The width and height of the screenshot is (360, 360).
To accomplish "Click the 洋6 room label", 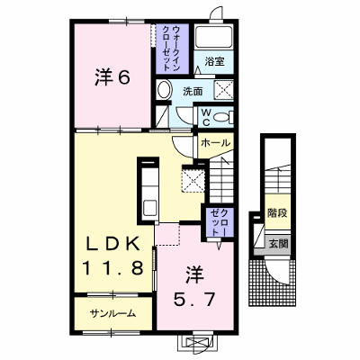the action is (x=112, y=77).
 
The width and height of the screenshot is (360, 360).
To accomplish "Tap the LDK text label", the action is (x=112, y=245).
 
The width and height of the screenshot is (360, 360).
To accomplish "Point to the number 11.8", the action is (x=112, y=267).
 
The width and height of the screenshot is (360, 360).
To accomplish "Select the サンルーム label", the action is (x=112, y=314).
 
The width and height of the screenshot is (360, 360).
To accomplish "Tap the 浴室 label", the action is (x=214, y=61).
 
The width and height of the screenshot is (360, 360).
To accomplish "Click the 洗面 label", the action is (x=193, y=92).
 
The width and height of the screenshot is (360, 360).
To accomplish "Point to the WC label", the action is (x=206, y=117).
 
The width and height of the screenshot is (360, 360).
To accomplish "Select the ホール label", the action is (x=215, y=143).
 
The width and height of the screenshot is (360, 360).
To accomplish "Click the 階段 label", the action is (x=277, y=212).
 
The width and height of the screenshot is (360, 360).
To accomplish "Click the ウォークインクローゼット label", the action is (x=172, y=48).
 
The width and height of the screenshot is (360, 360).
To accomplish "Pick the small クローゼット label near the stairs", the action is (x=220, y=222).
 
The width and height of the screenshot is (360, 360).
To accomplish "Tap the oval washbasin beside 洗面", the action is (x=165, y=89).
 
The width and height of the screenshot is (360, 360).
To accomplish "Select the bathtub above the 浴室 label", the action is (x=213, y=37).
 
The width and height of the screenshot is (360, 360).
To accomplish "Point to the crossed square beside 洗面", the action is (x=224, y=90).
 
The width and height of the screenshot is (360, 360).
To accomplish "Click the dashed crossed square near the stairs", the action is (x=193, y=180).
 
